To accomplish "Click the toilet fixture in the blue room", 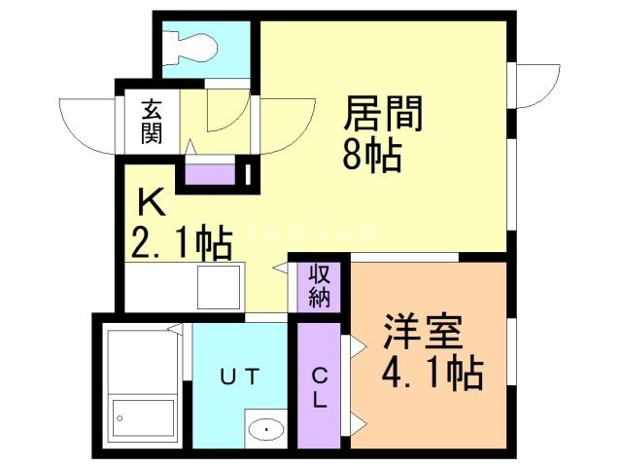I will pyautogui.click(x=194, y=48).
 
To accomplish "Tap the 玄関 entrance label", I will pyautogui.click(x=151, y=121).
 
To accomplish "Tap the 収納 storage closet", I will pyautogui.click(x=319, y=285).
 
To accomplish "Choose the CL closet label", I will pyautogui.click(x=319, y=385).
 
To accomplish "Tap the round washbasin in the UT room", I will pyautogui.click(x=262, y=428).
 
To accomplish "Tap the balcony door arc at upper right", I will pyautogui.click(x=536, y=86).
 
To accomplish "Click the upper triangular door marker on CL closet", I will pyautogui.click(x=356, y=343).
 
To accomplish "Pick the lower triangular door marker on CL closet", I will pyautogui.click(x=356, y=421).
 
